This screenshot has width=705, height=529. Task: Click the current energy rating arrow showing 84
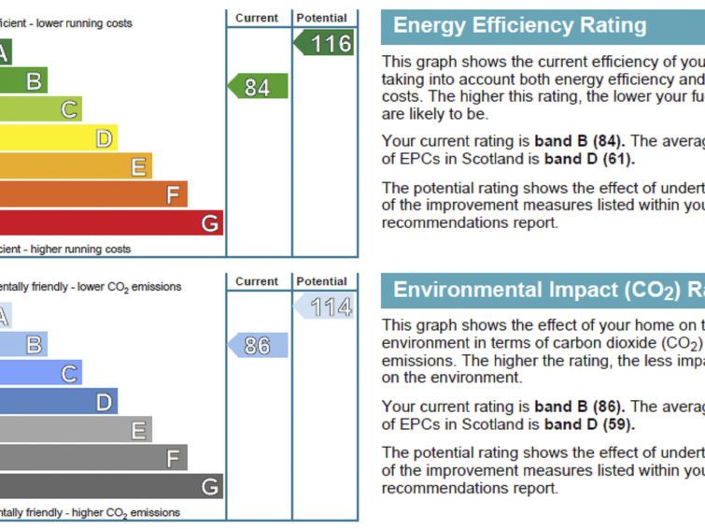pyautogui.click(x=258, y=87)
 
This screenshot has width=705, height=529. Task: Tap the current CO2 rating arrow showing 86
pyautogui.click(x=258, y=345)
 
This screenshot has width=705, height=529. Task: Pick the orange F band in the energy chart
pyautogui.click(x=93, y=194)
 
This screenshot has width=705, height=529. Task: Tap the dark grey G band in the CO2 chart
pyautogui.click(x=112, y=486)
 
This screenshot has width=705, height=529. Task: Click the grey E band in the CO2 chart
pyautogui.click(x=75, y=430)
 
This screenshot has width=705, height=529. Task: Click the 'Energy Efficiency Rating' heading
pyautogui.click(x=520, y=26)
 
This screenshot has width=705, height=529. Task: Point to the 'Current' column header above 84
pyautogui.click(x=257, y=18)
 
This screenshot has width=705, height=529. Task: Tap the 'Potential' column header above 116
pyautogui.click(x=321, y=18)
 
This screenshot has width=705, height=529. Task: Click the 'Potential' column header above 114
pyautogui.click(x=321, y=281)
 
